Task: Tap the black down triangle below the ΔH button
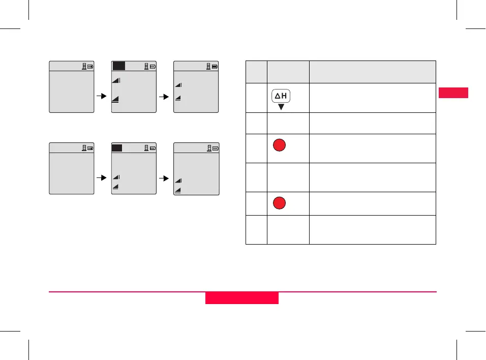(281, 107)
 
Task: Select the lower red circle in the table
(278, 203)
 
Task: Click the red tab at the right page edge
(452, 93)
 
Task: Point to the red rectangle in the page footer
(242, 298)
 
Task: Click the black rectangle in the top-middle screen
(119, 66)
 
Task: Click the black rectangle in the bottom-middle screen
(117, 148)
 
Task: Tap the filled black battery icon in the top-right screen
(215, 66)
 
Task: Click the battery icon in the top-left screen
(90, 66)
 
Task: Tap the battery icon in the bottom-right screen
(215, 148)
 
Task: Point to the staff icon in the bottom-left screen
(84, 148)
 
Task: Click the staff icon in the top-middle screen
(146, 66)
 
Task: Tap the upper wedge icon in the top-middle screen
(116, 80)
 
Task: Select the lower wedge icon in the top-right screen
(178, 99)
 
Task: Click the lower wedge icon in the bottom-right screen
(178, 190)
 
